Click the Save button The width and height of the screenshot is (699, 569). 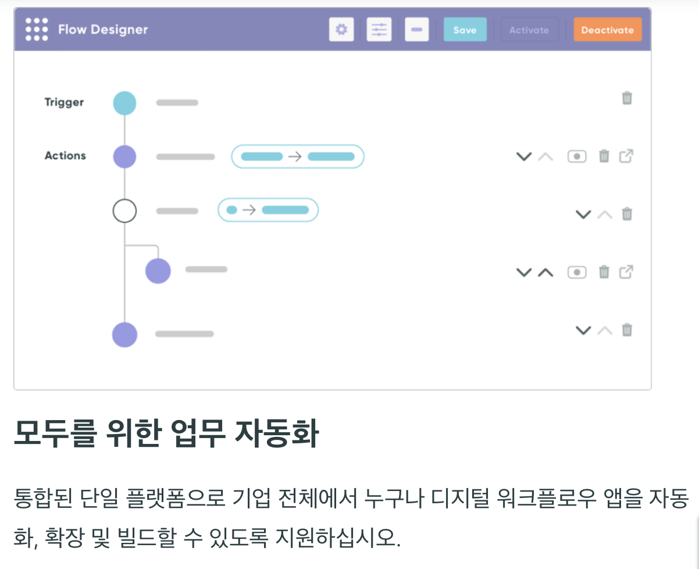(465, 30)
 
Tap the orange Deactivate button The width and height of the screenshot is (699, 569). (607, 30)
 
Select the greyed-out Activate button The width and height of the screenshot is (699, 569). (529, 30)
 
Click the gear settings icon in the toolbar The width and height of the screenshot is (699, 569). (341, 29)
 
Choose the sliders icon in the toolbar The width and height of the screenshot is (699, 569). (379, 29)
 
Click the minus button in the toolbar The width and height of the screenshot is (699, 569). (416, 29)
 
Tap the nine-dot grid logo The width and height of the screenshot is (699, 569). (37, 29)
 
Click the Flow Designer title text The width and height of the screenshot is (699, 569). (103, 30)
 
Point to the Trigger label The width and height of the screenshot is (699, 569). (64, 102)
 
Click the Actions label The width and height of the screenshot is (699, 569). (65, 156)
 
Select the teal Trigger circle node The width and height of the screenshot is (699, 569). (124, 103)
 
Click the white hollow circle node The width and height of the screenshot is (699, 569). (124, 211)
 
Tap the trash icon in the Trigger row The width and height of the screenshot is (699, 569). (627, 98)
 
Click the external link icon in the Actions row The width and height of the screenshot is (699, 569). (626, 156)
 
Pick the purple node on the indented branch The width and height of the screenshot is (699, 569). (158, 271)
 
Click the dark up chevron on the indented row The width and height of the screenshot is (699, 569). (545, 272)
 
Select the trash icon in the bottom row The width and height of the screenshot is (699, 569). (627, 330)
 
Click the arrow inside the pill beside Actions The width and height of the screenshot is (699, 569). (295, 157)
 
